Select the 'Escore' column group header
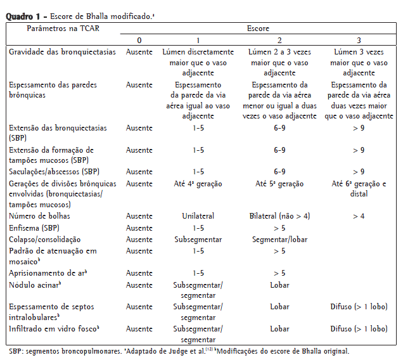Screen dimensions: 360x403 257,29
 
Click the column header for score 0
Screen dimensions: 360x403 139,41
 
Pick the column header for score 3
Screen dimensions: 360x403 359,41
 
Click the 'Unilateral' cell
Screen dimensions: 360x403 198,216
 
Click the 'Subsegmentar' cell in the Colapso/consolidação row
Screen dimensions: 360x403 198,239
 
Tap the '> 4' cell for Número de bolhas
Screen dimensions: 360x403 359,216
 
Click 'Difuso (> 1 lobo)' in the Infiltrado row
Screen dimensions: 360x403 359,329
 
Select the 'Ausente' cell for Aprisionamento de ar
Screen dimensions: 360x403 139,273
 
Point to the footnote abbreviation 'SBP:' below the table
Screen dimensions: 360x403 17,351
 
